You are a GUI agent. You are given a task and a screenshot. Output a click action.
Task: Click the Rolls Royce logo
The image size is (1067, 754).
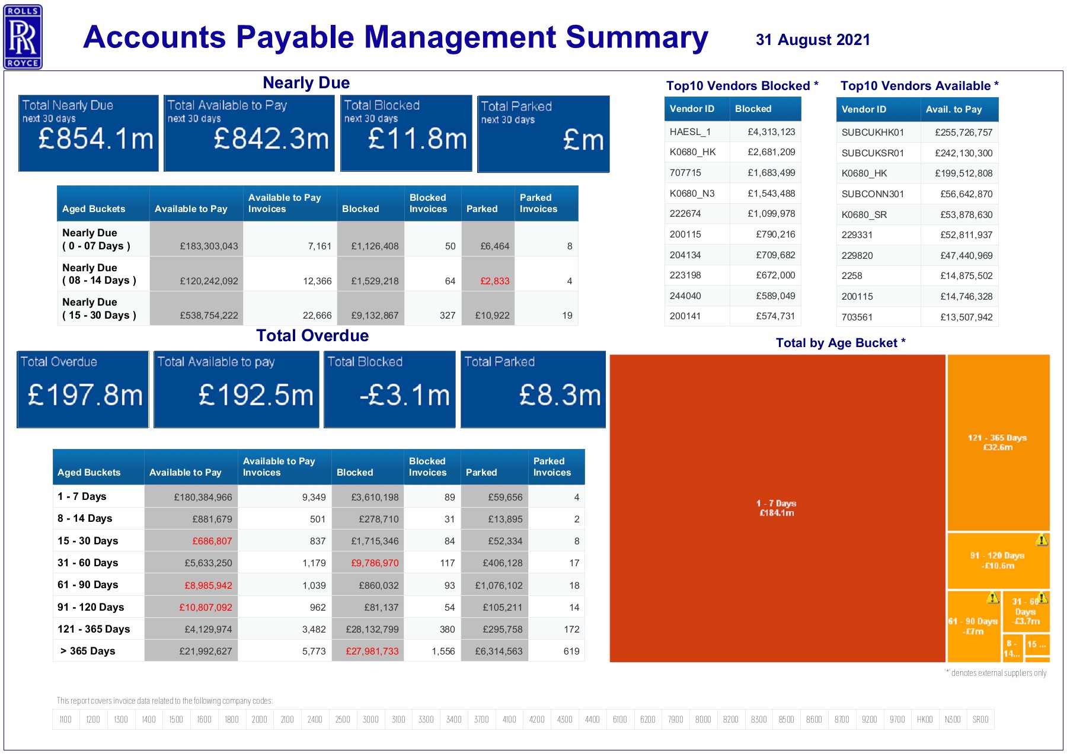pos(23,37)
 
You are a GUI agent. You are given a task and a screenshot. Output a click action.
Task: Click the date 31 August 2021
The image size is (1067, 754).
pos(813,40)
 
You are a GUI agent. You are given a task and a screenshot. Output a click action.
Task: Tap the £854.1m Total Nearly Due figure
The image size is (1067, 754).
pos(95,139)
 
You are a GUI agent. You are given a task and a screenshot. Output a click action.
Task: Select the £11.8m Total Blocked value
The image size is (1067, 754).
pos(417,139)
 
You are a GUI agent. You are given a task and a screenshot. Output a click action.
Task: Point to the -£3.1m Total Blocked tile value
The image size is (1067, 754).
pos(405,395)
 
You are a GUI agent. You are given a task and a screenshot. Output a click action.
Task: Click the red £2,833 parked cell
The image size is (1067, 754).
pos(494,281)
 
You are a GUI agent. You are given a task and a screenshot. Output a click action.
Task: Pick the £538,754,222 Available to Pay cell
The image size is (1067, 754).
pos(209,315)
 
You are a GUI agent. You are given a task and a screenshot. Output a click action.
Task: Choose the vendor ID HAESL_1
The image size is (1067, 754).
pos(690,131)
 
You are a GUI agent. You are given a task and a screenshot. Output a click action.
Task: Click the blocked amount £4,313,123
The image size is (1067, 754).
pos(771,131)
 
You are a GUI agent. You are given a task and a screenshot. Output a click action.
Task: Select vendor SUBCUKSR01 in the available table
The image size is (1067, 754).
pos(873,153)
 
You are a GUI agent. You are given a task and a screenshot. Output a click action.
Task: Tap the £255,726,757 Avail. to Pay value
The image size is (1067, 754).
pos(963,132)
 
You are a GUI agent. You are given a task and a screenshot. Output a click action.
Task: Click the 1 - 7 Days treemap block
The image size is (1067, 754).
pos(777,508)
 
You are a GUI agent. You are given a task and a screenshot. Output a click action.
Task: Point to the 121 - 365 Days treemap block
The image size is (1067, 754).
pos(997,442)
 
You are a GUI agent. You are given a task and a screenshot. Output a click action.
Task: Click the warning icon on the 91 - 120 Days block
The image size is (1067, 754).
pos(1042,540)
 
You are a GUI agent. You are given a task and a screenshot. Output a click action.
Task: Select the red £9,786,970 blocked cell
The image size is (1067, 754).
pos(375,563)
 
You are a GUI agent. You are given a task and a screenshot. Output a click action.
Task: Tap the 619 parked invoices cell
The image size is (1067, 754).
pos(571,651)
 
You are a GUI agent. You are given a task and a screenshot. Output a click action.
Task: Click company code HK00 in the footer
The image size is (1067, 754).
pos(924,719)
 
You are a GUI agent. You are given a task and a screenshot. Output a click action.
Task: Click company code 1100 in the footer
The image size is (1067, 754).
pos(65,719)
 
